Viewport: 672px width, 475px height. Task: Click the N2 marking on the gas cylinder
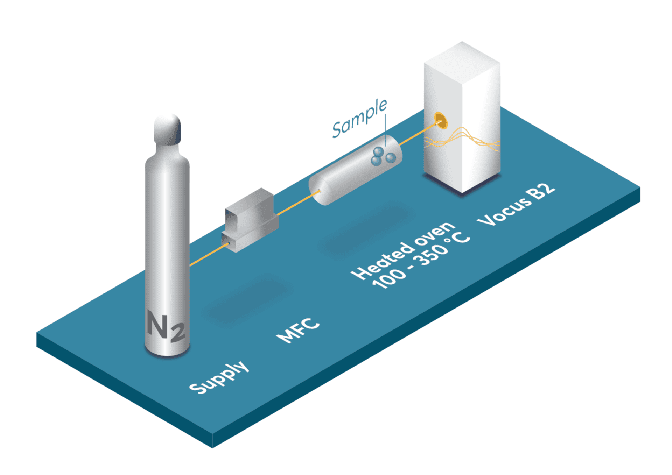[166, 326]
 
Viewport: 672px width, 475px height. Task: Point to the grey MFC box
[250, 220]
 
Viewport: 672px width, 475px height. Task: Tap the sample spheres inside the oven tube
[383, 156]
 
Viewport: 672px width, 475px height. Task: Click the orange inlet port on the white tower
[441, 121]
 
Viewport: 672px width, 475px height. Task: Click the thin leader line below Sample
[385, 129]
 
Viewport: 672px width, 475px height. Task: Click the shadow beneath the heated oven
[367, 231]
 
